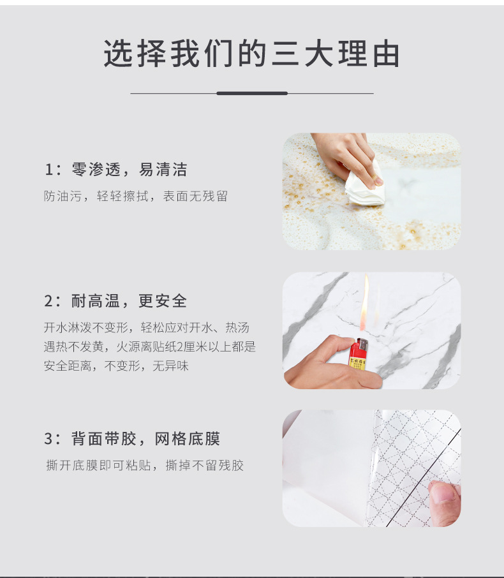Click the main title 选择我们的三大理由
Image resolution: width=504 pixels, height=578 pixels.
(251, 55)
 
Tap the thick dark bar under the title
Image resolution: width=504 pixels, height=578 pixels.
(251, 93)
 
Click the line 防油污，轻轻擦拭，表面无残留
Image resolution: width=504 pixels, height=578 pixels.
(136, 196)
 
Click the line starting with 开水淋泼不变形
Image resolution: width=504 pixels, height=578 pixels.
(147, 328)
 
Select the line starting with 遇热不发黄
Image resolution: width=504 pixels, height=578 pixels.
(149, 347)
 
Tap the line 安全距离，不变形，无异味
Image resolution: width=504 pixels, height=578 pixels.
(116, 366)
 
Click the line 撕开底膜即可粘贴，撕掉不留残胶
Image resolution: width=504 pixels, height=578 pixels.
(145, 465)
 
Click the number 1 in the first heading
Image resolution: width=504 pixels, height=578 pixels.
(48, 170)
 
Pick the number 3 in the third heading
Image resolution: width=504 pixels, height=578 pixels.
(48, 440)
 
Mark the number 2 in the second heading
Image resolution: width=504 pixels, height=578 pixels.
(48, 302)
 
